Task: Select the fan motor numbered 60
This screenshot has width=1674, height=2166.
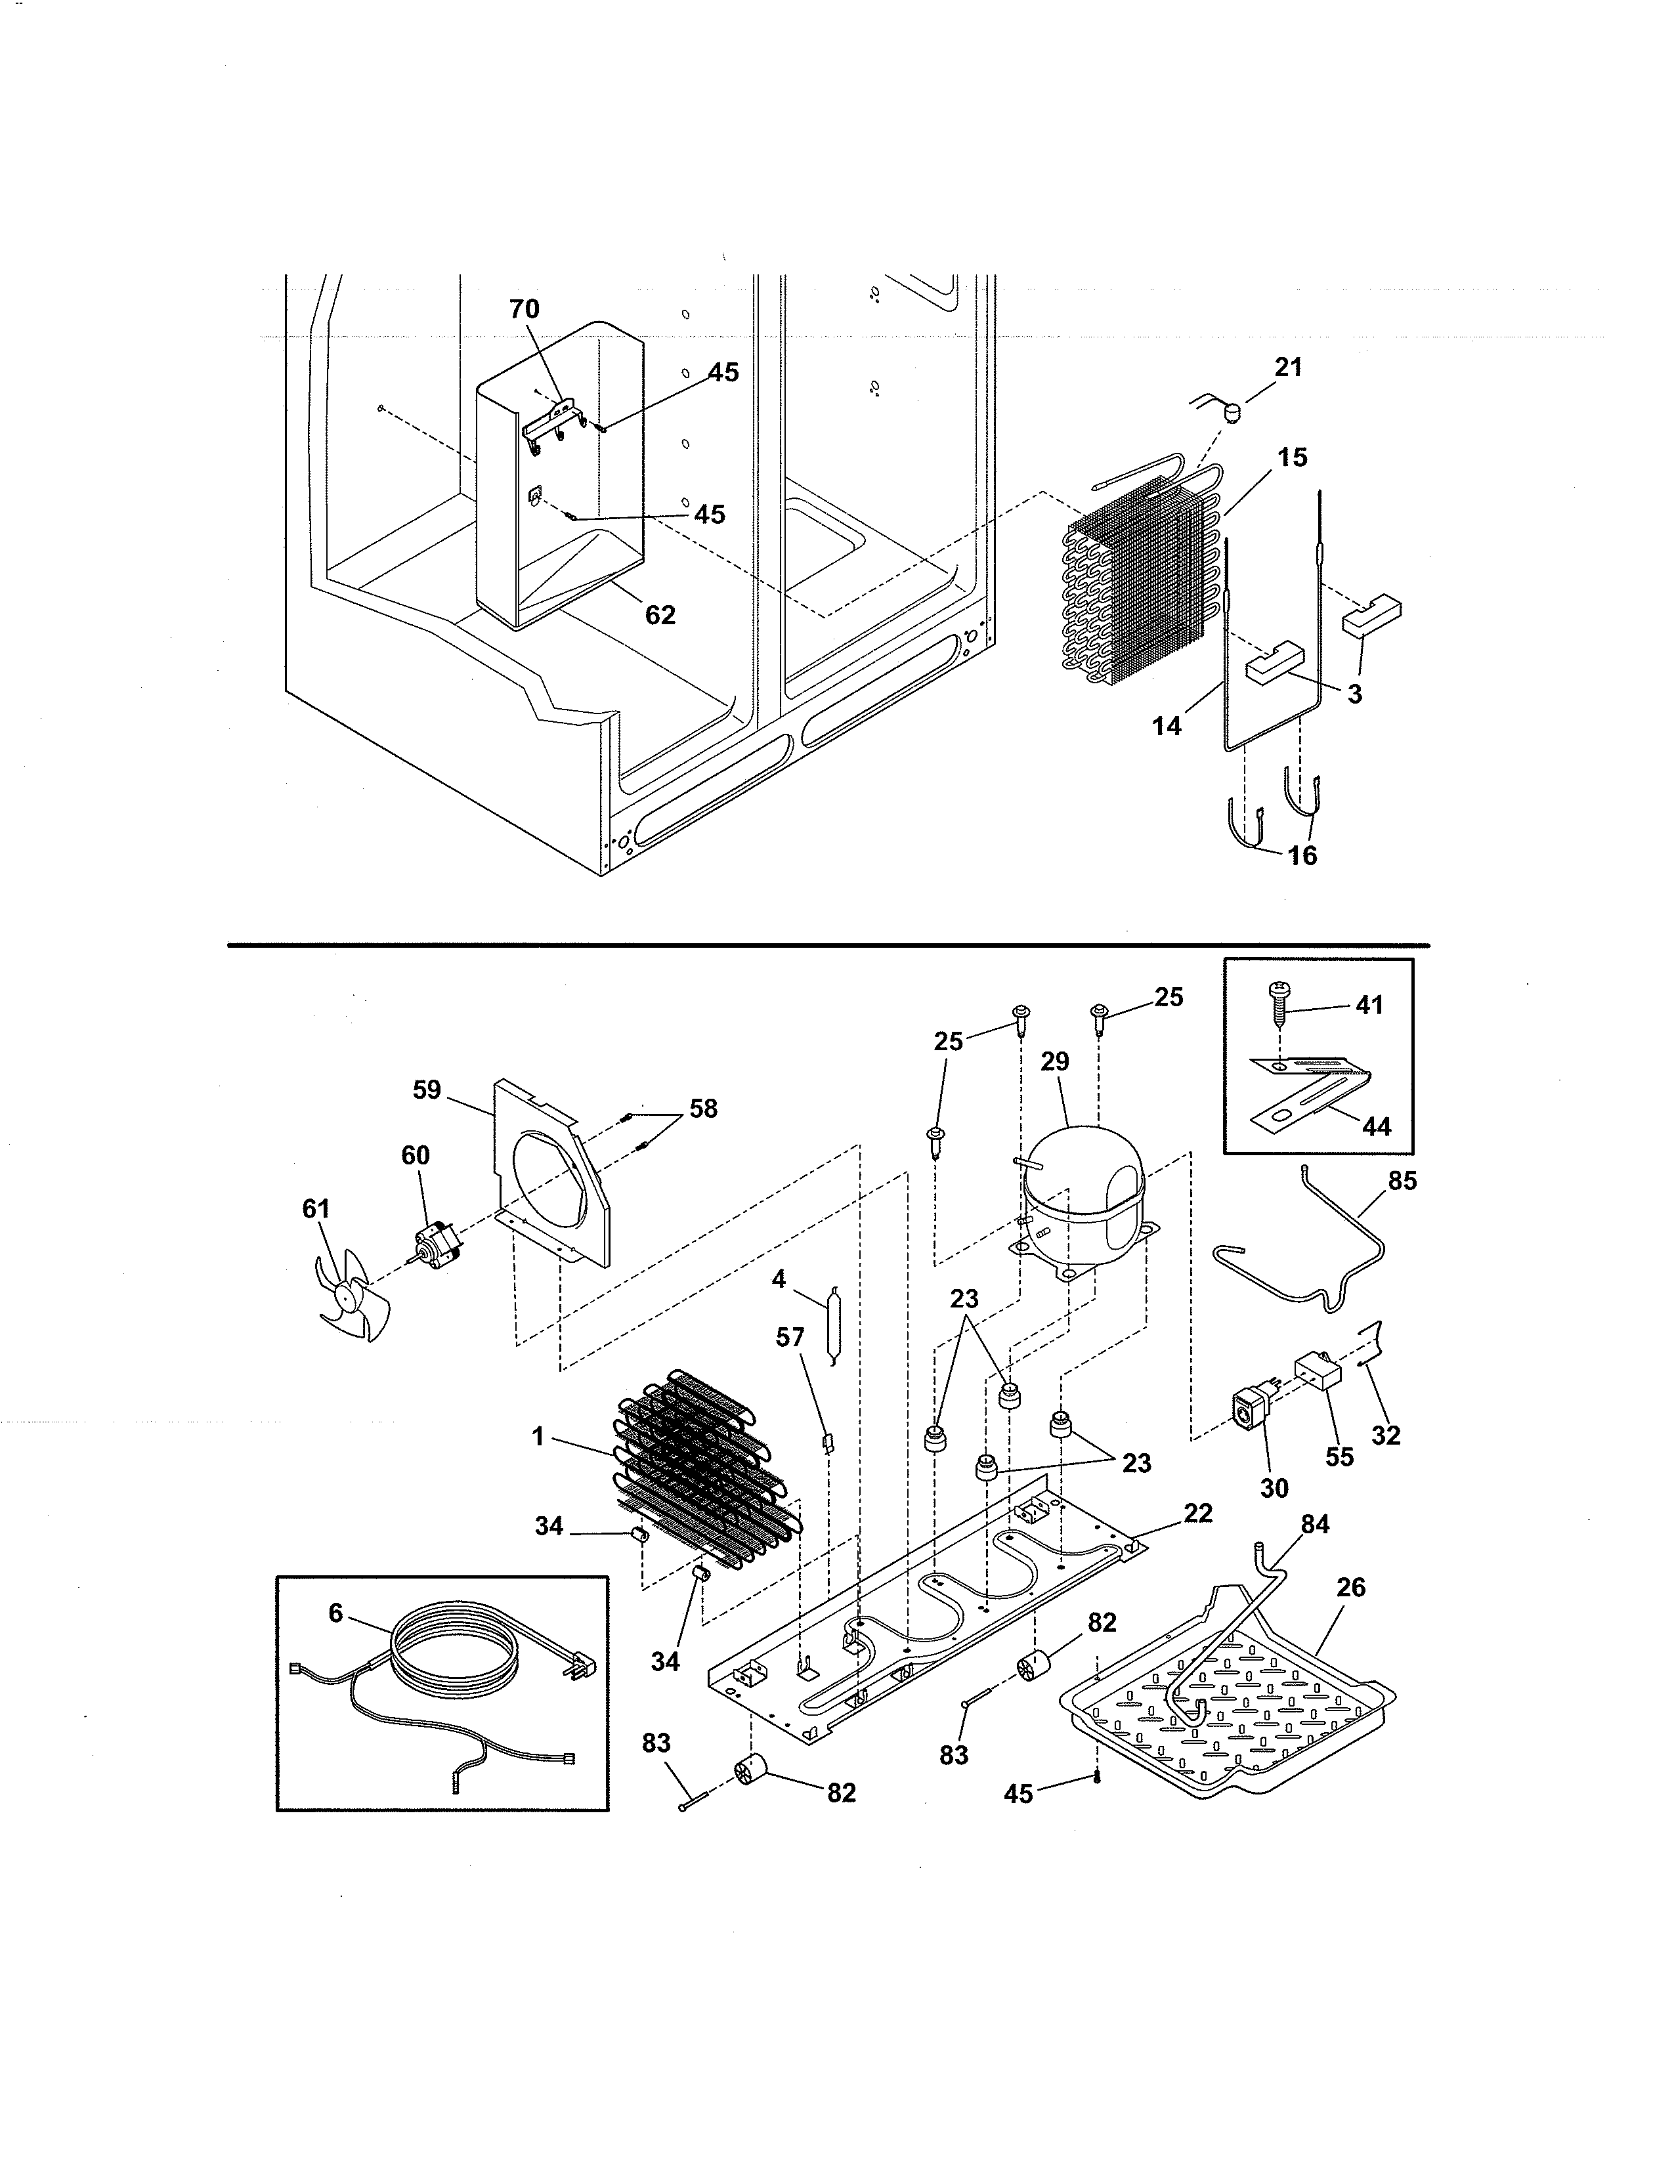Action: tap(433, 1244)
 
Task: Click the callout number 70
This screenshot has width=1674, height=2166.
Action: tap(525, 309)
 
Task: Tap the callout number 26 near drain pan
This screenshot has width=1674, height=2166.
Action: tap(1351, 1588)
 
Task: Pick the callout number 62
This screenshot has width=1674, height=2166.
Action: tap(660, 616)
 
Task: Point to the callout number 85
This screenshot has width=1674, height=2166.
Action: tap(1402, 1181)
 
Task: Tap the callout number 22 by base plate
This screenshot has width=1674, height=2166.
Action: tap(1198, 1514)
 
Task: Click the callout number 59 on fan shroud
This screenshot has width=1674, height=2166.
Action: tap(427, 1090)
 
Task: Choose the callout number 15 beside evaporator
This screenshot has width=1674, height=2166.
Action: tap(1292, 458)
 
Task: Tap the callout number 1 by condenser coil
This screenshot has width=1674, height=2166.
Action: tap(538, 1435)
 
